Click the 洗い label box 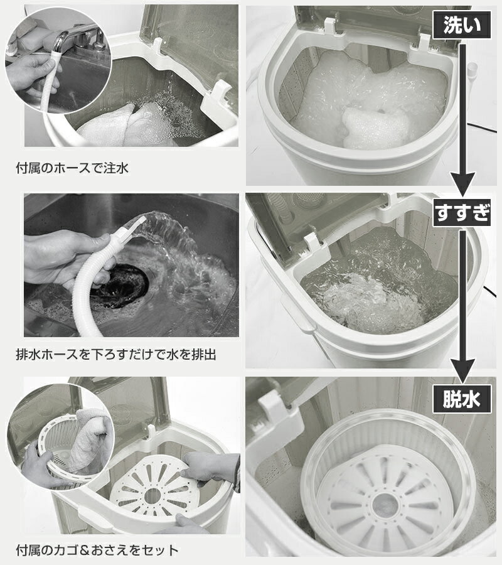point(462,25)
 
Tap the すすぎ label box point(462,213)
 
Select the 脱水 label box point(462,399)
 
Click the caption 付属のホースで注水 point(72,168)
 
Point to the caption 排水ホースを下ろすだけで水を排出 point(116,355)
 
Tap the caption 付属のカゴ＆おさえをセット point(97,550)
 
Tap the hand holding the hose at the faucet point(32,75)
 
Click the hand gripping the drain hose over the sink point(68,257)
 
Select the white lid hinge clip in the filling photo point(218,97)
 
